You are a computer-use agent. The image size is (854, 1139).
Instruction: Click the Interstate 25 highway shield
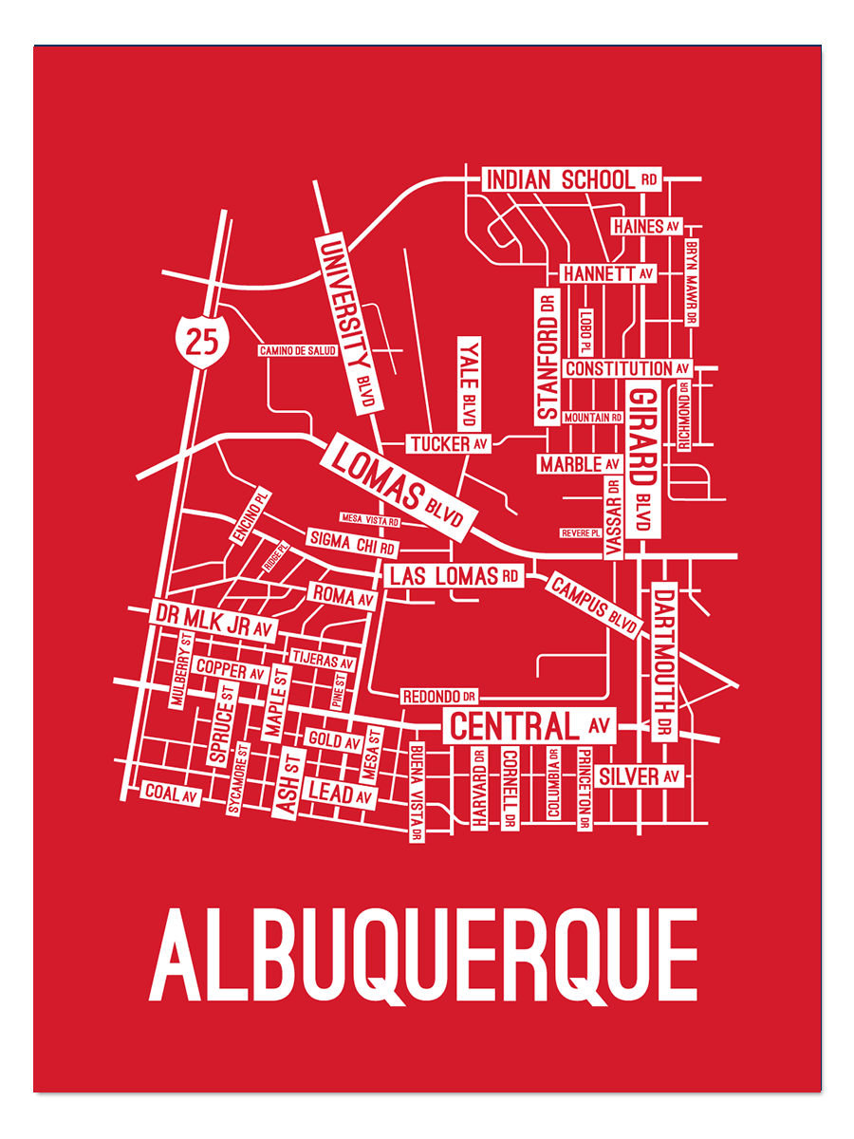pos(201,338)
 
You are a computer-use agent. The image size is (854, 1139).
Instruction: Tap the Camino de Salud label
pos(298,351)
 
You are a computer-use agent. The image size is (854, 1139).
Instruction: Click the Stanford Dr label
pos(547,356)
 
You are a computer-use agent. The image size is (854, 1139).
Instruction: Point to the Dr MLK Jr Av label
pos(213,616)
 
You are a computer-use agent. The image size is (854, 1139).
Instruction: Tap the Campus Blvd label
pos(593,606)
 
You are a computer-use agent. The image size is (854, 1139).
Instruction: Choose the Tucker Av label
pos(449,443)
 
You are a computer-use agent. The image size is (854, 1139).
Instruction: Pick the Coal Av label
pos(171,794)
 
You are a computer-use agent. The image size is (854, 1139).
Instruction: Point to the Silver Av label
pos(640,776)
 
